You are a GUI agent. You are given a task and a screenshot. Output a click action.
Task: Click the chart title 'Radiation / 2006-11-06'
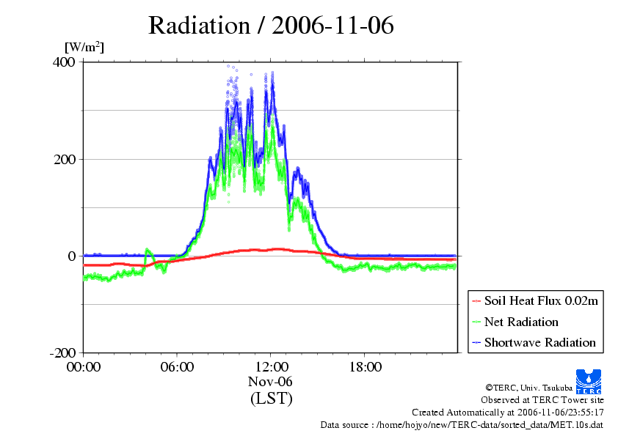(x=271, y=26)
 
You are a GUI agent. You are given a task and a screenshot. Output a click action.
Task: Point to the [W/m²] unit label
(x=84, y=47)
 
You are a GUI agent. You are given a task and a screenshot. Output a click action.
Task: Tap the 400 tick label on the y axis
(x=63, y=62)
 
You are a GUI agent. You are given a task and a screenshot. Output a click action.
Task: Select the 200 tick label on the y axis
(x=65, y=159)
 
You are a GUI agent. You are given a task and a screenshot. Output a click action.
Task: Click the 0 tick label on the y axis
(x=71, y=256)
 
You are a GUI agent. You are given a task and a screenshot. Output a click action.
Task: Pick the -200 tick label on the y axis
(x=62, y=352)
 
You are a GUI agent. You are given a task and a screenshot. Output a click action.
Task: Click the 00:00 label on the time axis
(x=84, y=367)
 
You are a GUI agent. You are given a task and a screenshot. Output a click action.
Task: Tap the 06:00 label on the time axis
(x=177, y=367)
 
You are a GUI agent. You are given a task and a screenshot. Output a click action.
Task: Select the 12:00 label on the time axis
(x=271, y=367)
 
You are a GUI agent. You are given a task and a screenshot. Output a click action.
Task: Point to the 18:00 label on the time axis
(x=365, y=367)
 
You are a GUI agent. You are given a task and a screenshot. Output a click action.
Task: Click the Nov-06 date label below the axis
(x=270, y=381)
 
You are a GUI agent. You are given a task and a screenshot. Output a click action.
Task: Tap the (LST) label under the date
(x=271, y=398)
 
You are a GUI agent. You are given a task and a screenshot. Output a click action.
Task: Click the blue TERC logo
(x=589, y=382)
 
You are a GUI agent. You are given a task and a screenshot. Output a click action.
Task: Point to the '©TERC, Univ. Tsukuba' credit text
(x=529, y=388)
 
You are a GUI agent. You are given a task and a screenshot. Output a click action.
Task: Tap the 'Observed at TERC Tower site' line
(x=542, y=400)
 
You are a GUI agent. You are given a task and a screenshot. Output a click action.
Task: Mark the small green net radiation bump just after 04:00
(x=148, y=252)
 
